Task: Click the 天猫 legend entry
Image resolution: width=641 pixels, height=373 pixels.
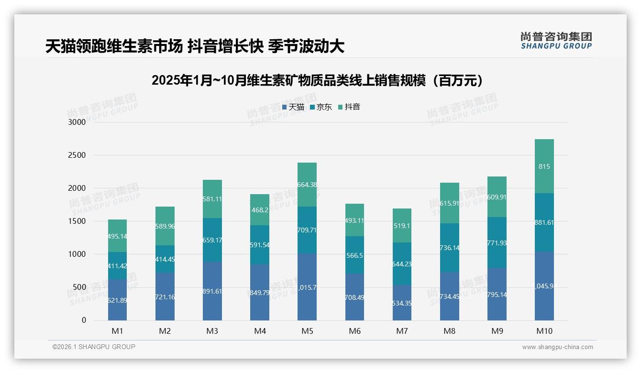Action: (x=293, y=107)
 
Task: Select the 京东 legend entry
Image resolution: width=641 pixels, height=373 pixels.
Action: (x=320, y=107)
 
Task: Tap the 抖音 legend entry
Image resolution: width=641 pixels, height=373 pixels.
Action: (x=349, y=107)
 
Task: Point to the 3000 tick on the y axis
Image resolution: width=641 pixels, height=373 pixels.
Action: (x=77, y=122)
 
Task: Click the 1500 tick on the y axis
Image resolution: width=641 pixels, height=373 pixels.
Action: (x=77, y=221)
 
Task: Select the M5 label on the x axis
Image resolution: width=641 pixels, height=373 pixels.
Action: (x=307, y=331)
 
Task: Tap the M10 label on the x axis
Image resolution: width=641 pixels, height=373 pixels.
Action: (x=544, y=331)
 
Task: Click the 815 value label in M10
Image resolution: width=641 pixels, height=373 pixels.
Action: (x=544, y=167)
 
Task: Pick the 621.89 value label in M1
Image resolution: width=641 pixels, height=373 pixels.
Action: (x=117, y=300)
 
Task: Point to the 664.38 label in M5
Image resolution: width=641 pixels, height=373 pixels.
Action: (x=307, y=185)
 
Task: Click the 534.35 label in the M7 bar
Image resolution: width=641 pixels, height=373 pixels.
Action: (x=402, y=303)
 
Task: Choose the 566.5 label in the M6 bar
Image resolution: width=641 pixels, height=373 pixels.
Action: (x=354, y=256)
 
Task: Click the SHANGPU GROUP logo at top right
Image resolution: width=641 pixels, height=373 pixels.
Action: (x=556, y=41)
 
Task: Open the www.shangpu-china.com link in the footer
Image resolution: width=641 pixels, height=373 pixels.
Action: (x=557, y=347)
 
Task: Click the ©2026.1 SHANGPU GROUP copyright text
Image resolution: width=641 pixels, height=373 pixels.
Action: (x=94, y=347)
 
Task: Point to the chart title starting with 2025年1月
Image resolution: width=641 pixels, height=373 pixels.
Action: (x=320, y=80)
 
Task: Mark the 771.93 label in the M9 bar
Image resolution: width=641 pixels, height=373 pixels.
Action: (x=497, y=243)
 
